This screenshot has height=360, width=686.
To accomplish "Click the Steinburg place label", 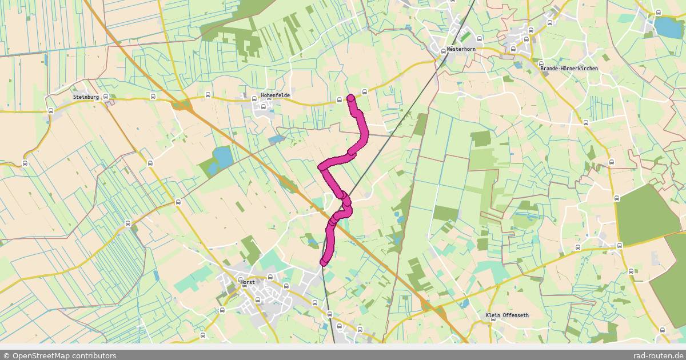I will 86,97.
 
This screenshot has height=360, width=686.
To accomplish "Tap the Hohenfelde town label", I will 275,95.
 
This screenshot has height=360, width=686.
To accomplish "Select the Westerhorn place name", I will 461,49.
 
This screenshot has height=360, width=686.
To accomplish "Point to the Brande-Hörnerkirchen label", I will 569,69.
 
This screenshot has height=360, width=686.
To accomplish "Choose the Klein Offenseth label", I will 507,315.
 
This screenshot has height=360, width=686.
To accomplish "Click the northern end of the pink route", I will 351,98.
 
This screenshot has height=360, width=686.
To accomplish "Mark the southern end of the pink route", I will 324,262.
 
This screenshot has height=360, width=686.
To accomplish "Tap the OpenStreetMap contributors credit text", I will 59,355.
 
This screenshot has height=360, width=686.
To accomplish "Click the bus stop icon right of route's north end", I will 364,91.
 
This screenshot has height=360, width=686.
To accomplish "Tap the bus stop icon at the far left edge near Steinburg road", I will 50,111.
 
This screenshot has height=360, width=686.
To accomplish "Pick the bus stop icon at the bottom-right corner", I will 662,330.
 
